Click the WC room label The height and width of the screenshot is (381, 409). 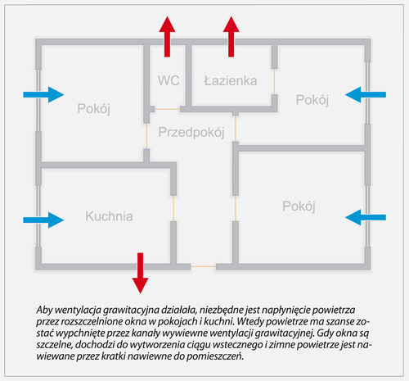[x=169, y=80]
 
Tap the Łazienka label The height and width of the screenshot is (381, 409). [x=231, y=81]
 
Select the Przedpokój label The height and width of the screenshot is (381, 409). [x=191, y=132]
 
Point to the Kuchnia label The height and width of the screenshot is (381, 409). [x=109, y=216]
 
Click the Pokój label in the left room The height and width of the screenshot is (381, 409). [x=93, y=108]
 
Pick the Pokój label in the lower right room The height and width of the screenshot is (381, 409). [x=299, y=206]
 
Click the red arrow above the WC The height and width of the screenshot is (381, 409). [x=167, y=37]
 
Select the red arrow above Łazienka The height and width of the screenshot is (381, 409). [x=231, y=37]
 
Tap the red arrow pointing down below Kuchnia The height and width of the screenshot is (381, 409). [x=140, y=273]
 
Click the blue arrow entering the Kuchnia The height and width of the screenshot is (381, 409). [x=43, y=220]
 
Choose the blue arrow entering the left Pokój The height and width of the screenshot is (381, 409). [x=43, y=95]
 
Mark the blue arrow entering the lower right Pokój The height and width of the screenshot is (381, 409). [x=366, y=217]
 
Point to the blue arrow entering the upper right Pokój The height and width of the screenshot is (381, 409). [x=366, y=95]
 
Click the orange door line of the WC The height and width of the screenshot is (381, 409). [x=167, y=109]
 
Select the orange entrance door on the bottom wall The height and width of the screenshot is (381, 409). [x=203, y=266]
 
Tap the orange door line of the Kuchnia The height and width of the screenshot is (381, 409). [x=173, y=208]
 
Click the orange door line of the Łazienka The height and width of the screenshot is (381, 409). [x=274, y=82]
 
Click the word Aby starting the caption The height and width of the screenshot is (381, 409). [x=44, y=311]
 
